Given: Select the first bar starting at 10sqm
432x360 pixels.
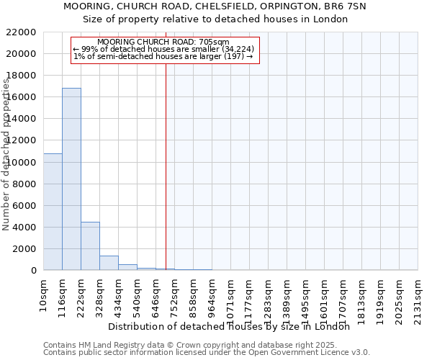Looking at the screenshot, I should pos(53,212).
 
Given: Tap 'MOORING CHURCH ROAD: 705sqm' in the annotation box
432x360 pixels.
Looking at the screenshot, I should pos(163,42).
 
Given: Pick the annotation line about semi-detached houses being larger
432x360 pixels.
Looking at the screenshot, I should pos(163,56).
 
